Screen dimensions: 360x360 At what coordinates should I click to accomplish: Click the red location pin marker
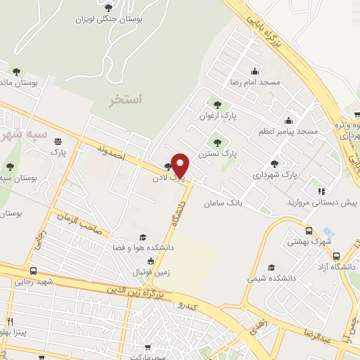(180, 165)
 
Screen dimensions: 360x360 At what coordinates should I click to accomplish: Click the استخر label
(124, 99)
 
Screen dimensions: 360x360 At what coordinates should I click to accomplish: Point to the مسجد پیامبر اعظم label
(288, 131)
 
